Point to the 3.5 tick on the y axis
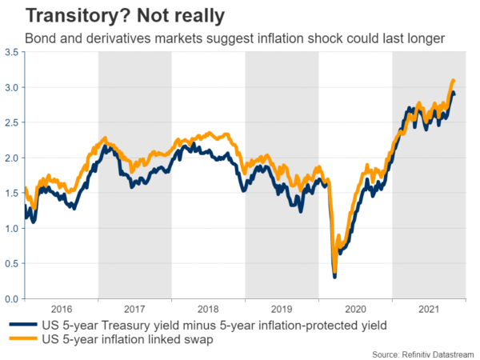(14, 52)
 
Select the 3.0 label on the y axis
(14, 87)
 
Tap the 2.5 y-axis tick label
(14, 122)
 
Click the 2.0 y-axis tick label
(14, 158)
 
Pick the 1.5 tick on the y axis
(14, 193)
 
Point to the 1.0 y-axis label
(14, 228)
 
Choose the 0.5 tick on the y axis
(14, 263)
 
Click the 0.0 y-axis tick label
(14, 298)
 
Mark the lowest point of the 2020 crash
(334, 277)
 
